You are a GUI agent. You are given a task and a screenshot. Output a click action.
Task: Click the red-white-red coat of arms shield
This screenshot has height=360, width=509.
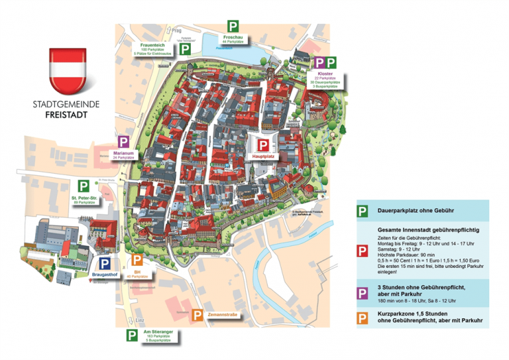point(67,69)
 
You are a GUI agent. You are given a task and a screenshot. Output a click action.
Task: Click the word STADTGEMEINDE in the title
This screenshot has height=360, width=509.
point(67,103)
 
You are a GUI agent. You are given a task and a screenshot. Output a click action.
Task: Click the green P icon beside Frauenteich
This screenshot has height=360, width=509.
point(186,50)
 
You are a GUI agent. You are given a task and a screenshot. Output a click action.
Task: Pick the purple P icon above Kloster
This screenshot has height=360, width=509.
point(319,63)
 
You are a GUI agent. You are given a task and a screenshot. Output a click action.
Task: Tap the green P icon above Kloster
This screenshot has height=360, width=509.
point(331,63)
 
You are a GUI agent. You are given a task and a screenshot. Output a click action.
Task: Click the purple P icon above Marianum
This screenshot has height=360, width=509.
point(123,141)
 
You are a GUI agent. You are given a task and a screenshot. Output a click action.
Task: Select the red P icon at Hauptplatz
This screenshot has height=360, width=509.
point(263,144)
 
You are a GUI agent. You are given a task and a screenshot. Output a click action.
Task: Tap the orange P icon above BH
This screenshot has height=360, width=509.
point(136,259)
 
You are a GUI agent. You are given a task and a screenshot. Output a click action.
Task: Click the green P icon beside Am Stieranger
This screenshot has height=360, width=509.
point(132,335)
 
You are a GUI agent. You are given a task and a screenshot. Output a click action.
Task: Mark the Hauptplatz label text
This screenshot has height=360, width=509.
point(263,156)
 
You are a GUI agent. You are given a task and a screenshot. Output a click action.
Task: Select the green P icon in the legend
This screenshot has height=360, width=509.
point(361,211)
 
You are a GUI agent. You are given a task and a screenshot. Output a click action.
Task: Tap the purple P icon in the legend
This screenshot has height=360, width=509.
point(361,292)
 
